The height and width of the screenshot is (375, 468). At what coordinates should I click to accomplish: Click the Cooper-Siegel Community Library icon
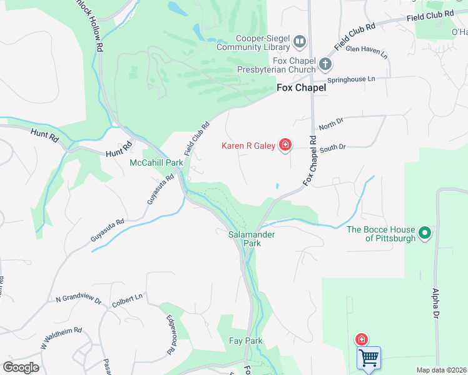(300, 42)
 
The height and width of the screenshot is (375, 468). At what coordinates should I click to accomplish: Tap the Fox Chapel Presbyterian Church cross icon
(325, 63)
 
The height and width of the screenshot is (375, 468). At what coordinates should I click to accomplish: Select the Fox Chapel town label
(302, 89)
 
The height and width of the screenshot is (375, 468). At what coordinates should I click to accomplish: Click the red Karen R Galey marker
(285, 146)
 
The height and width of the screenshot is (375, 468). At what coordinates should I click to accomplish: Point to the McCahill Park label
(156, 162)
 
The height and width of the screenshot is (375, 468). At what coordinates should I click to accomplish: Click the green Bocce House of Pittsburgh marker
(425, 234)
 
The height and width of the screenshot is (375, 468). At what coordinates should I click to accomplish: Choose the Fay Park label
(245, 341)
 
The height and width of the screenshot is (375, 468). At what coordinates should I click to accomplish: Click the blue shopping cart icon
(369, 358)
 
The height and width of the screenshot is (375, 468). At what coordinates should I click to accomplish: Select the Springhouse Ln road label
(353, 80)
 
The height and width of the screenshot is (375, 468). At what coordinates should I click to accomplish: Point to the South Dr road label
(332, 148)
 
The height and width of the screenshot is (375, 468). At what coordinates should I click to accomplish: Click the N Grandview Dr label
(78, 301)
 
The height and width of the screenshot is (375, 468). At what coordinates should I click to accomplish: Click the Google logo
(21, 367)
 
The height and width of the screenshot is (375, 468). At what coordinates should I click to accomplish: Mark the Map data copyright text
(442, 370)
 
